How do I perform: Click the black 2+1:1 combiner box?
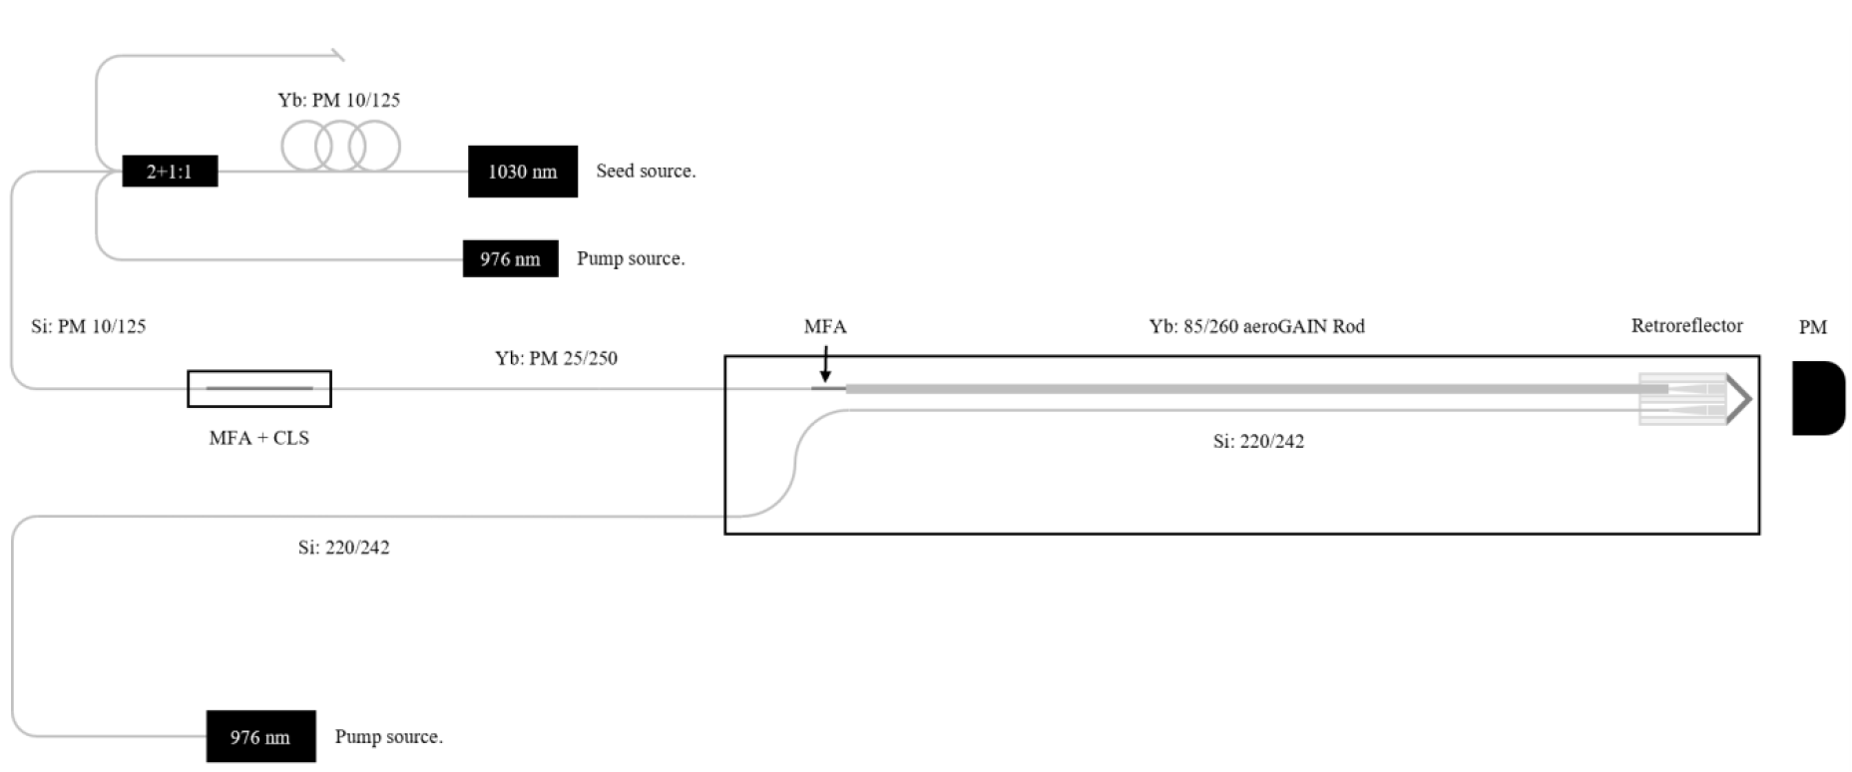tap(170, 171)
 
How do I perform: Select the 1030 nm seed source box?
tap(523, 172)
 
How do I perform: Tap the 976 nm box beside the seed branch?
tap(510, 258)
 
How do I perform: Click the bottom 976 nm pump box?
tap(260, 737)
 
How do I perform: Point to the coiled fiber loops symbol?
tap(341, 147)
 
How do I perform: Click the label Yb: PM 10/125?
tap(339, 100)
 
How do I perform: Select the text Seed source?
tap(646, 171)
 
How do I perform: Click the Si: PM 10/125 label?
tap(89, 326)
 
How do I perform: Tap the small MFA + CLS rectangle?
tap(259, 389)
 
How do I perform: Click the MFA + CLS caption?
tap(259, 438)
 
